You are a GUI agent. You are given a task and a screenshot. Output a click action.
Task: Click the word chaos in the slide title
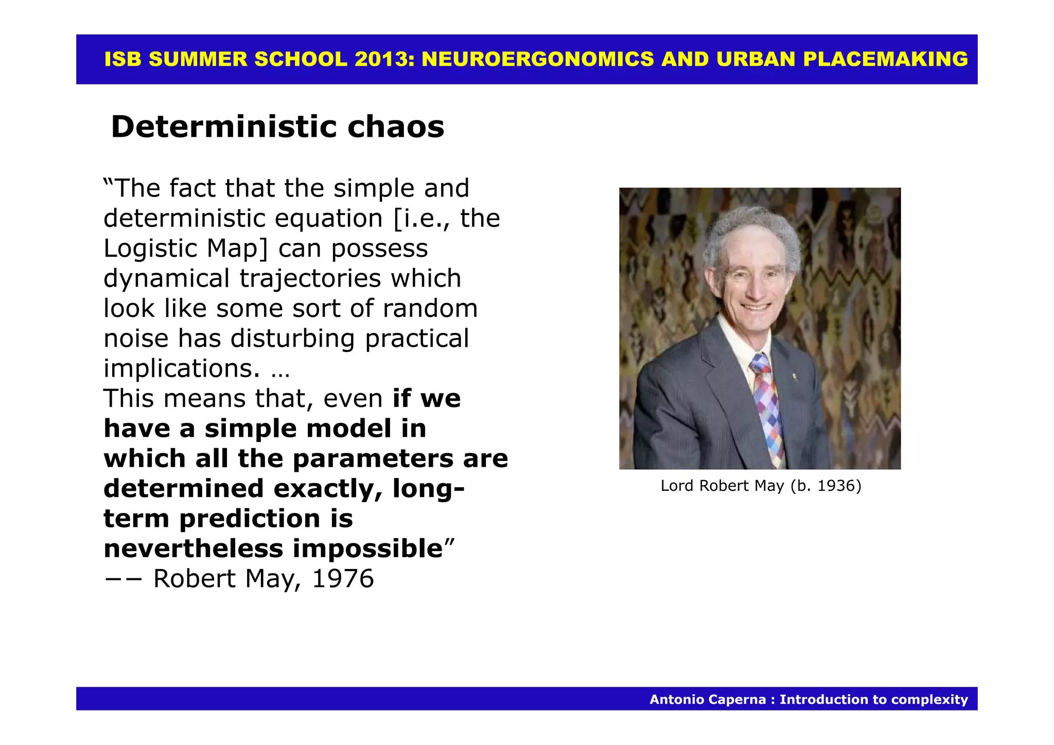[x=395, y=127]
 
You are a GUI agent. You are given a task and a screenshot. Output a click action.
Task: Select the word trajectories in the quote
[x=310, y=278]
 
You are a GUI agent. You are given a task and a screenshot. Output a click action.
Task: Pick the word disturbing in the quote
[x=293, y=339]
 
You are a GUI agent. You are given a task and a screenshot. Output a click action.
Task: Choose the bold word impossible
[x=367, y=548]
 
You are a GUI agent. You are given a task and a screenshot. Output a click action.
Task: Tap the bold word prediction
[x=249, y=519]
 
